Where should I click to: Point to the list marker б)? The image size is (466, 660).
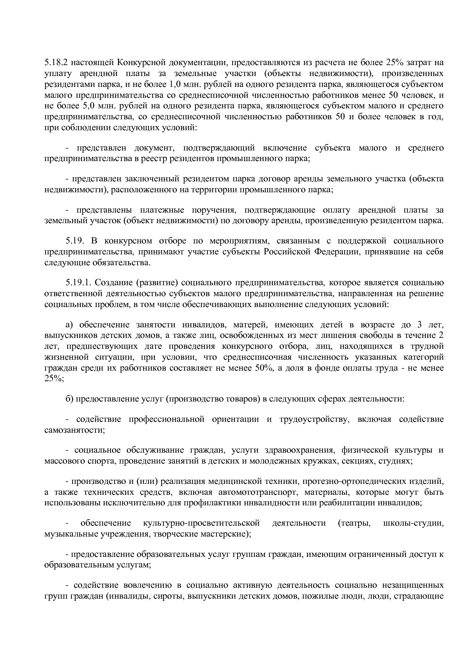(x=69, y=398)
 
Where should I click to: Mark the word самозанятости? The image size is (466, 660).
(x=74, y=430)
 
